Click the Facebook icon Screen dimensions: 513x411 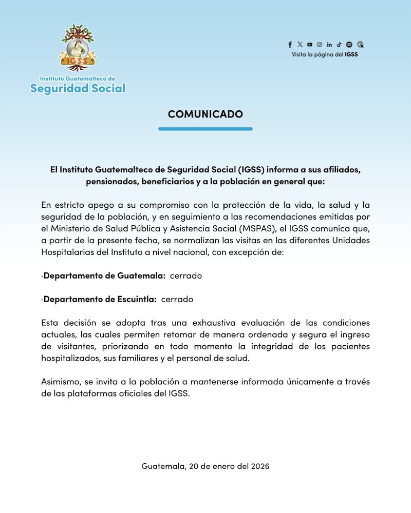pyautogui.click(x=290, y=45)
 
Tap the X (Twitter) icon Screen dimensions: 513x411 pyautogui.click(x=300, y=45)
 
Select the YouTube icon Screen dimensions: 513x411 pyautogui.click(x=309, y=45)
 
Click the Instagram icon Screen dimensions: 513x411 pyautogui.click(x=320, y=45)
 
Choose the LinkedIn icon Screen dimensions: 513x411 pyautogui.click(x=329, y=45)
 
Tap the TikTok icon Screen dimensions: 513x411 pyautogui.click(x=339, y=45)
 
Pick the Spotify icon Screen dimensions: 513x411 pyautogui.click(x=349, y=45)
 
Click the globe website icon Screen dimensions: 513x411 pyautogui.click(x=360, y=45)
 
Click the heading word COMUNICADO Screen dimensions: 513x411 pyautogui.click(x=205, y=114)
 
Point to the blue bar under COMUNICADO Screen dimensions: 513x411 pyautogui.click(x=205, y=129)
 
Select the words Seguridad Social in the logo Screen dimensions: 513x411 pyautogui.click(x=78, y=88)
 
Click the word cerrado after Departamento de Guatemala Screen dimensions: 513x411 pyautogui.click(x=185, y=275)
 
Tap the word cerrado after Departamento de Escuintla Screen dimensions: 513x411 pyautogui.click(x=177, y=299)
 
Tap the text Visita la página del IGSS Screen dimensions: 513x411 pyautogui.click(x=325, y=54)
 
